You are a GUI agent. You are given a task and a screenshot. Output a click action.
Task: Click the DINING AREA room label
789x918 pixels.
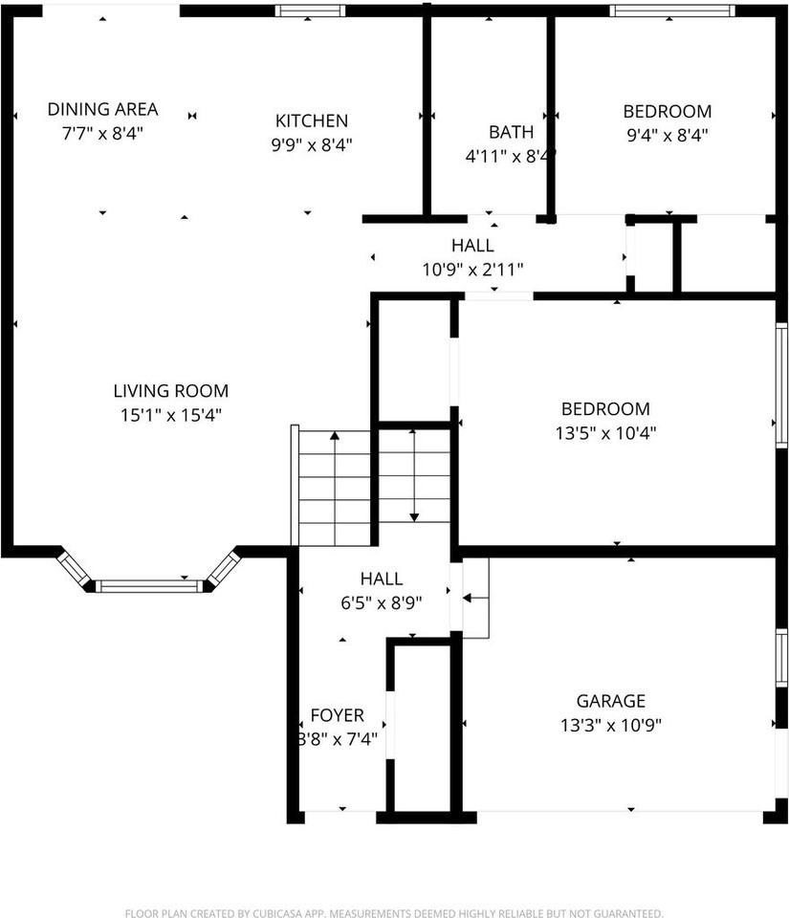(x=102, y=109)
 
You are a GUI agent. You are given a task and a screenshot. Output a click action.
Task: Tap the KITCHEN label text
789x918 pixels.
(x=312, y=120)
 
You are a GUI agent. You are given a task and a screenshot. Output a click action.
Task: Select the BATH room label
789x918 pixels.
(x=511, y=132)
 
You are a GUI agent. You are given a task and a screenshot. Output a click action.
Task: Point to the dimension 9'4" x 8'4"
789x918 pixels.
(x=667, y=135)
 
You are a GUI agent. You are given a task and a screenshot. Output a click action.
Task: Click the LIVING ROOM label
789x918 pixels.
(x=170, y=390)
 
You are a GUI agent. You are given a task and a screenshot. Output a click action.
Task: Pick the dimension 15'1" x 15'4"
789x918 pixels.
(x=170, y=415)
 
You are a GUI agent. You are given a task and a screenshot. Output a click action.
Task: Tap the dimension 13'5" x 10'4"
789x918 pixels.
(x=605, y=432)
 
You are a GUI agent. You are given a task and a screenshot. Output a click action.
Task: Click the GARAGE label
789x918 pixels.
(x=610, y=701)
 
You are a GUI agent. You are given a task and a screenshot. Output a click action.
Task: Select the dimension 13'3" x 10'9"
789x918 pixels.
(x=610, y=725)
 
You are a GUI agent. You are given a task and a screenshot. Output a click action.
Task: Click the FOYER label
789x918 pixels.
(x=337, y=715)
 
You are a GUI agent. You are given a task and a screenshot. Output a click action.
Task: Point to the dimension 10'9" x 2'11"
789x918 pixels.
(x=472, y=270)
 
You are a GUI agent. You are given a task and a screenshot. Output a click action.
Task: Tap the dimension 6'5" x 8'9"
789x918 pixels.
(x=381, y=602)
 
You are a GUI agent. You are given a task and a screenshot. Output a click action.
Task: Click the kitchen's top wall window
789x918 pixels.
(x=310, y=11)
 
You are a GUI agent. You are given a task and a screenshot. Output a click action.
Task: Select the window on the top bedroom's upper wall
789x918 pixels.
(x=673, y=11)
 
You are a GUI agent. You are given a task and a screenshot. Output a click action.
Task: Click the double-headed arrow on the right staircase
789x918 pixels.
(x=413, y=475)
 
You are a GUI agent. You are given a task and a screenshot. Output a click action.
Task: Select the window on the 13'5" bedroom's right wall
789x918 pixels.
(x=781, y=384)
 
